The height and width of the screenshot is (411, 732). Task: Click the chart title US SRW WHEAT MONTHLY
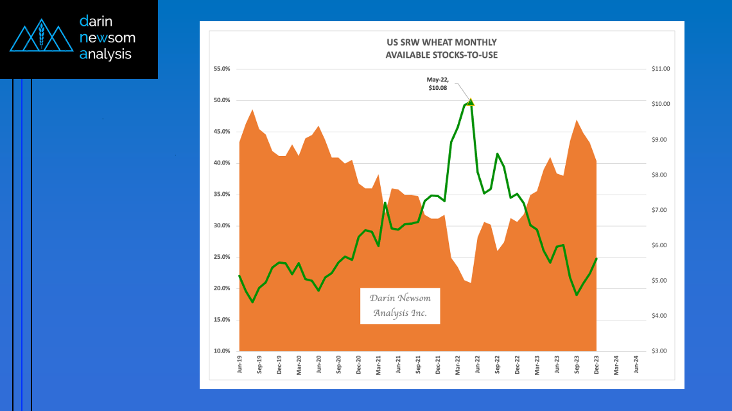[x=441, y=42]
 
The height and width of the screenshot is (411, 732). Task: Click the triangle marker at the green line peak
[x=471, y=101]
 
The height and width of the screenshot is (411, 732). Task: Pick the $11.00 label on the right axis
[x=661, y=69]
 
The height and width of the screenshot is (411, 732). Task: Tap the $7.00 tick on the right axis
[x=659, y=210]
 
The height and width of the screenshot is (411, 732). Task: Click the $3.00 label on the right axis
[x=659, y=351]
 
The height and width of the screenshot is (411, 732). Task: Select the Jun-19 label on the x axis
[x=240, y=364]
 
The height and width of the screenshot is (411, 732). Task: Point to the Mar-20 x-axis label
[x=299, y=364]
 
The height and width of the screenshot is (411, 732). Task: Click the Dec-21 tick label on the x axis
[x=438, y=364]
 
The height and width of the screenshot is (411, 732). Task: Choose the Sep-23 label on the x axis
[x=577, y=364]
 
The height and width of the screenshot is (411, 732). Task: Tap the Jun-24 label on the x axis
[x=636, y=364]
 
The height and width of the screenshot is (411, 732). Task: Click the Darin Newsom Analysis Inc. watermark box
[x=400, y=306]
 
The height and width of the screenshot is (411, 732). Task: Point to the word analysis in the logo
[x=105, y=54]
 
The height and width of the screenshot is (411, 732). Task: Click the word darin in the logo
[x=96, y=21]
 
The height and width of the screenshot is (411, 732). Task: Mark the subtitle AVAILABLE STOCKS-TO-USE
[x=441, y=55]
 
